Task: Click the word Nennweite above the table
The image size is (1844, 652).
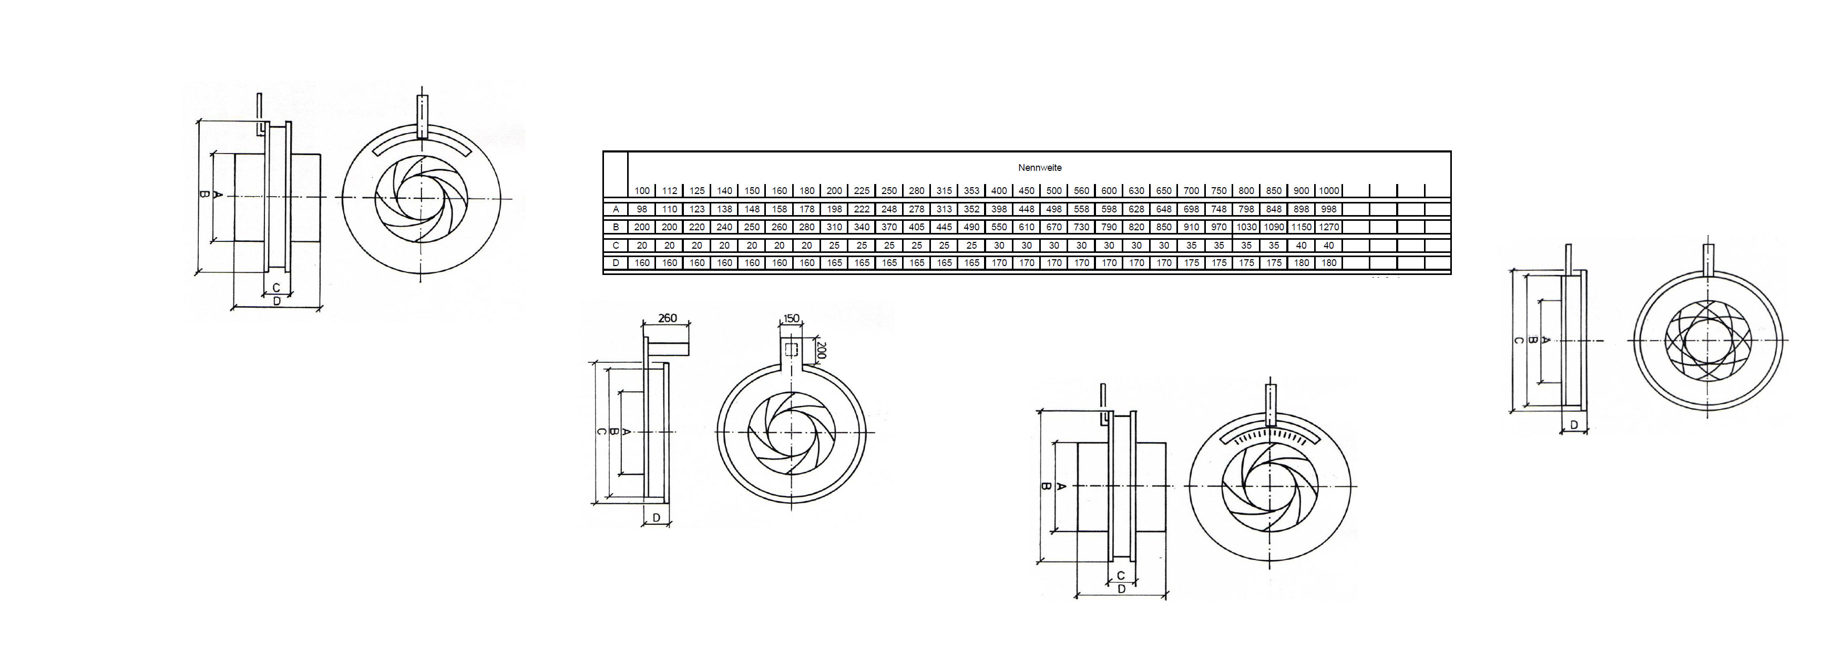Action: click(1039, 168)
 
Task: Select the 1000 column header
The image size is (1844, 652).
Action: click(1329, 191)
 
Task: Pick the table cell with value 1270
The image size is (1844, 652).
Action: click(1329, 227)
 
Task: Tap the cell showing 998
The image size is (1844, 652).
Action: click(1329, 209)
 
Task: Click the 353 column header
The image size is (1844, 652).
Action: click(971, 191)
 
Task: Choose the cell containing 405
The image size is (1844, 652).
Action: click(916, 227)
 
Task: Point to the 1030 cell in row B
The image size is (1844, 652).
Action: click(1246, 227)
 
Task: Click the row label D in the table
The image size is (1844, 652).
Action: click(616, 263)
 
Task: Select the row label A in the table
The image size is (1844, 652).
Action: click(616, 209)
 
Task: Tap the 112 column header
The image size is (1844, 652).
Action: click(669, 191)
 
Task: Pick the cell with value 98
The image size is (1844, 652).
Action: click(642, 209)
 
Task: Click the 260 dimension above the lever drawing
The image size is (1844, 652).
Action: click(667, 319)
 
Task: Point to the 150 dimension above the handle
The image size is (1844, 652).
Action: click(791, 319)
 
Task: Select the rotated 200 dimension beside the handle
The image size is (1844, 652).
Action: click(821, 351)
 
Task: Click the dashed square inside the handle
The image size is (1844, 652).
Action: click(791, 350)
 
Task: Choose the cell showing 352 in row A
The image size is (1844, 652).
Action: click(971, 209)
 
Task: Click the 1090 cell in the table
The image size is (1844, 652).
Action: click(1274, 227)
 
